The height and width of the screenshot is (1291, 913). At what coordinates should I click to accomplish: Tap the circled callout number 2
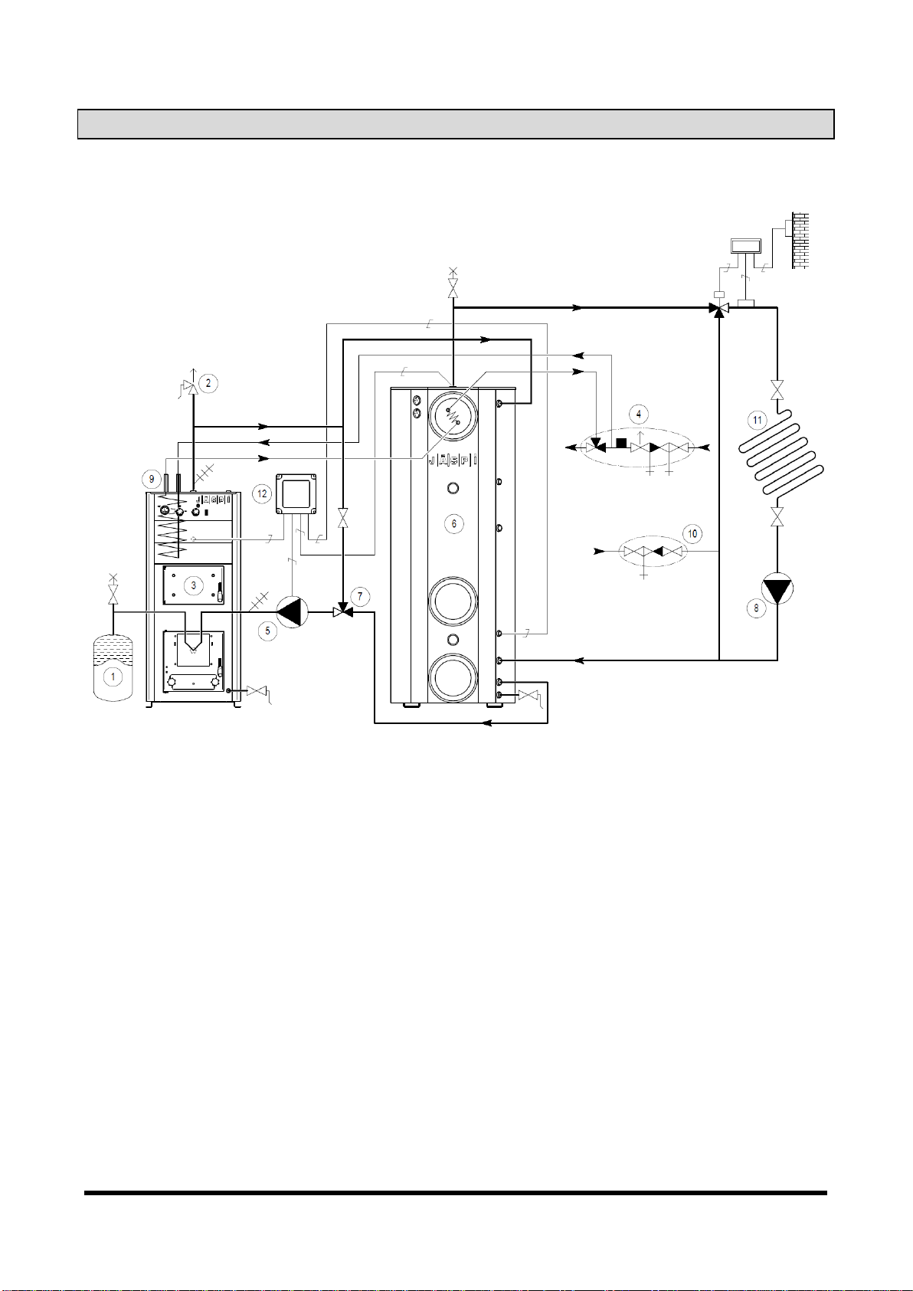point(208,382)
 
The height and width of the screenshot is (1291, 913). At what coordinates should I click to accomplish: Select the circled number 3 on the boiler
point(193,585)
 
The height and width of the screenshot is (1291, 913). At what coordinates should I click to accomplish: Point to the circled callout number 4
point(638,414)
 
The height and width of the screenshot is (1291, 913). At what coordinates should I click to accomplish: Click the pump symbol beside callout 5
point(293,612)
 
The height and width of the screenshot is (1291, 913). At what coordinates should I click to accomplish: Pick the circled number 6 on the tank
point(454,523)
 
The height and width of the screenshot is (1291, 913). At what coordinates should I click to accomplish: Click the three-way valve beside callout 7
point(343,611)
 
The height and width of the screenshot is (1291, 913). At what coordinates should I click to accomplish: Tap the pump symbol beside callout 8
point(777,588)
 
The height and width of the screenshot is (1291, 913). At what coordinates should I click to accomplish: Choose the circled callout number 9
point(152,478)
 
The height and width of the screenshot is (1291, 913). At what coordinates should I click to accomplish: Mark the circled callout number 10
point(692,534)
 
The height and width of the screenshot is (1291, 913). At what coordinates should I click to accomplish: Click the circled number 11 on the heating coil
point(757,420)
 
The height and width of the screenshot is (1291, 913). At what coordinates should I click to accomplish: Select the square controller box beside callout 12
point(296,494)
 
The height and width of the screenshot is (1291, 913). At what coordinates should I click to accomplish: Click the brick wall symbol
point(800,241)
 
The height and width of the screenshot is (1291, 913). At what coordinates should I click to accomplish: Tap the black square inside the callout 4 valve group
point(621,443)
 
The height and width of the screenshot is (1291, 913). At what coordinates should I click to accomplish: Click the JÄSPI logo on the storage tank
point(453,460)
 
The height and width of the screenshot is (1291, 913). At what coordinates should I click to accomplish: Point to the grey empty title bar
point(456,124)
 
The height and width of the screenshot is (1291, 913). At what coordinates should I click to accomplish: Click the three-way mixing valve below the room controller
point(719,308)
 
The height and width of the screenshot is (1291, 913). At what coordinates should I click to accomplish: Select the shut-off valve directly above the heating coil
point(777,389)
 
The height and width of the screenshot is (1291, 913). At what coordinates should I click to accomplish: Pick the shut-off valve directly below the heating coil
point(777,516)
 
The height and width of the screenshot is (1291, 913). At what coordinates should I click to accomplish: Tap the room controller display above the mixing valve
point(745,246)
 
